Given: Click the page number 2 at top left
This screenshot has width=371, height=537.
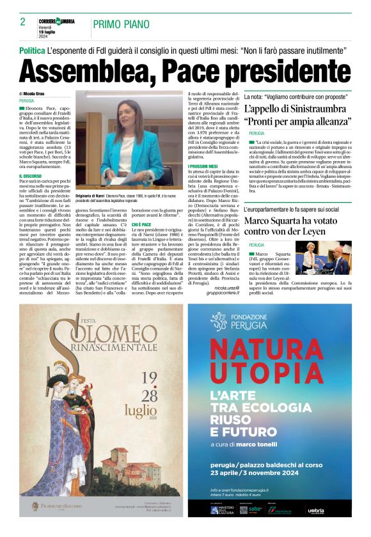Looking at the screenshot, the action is pyautogui.click(x=22, y=22).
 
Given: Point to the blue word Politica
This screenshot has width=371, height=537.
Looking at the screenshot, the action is pyautogui.click(x=32, y=50).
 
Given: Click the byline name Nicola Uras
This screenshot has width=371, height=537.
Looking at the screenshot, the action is pyautogui.click(x=38, y=93).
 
